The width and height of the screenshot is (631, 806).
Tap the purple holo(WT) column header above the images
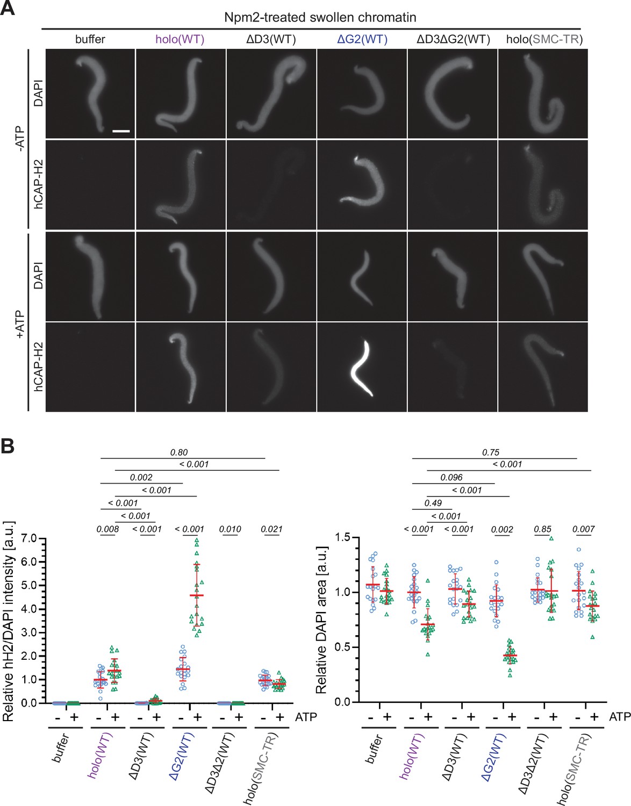pos(180,39)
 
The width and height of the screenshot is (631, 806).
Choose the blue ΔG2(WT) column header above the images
pos(362,39)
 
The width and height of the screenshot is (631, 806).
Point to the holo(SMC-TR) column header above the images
pos(544,39)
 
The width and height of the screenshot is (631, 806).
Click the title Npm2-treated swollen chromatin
pos(320,17)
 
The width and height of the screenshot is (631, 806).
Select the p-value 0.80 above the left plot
pos(179,452)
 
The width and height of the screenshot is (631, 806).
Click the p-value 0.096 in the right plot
pos(451,477)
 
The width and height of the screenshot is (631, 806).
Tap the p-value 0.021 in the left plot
pos(271,529)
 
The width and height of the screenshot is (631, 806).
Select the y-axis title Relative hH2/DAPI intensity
pos(9,621)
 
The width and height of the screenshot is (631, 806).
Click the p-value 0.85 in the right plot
pos(542,529)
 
